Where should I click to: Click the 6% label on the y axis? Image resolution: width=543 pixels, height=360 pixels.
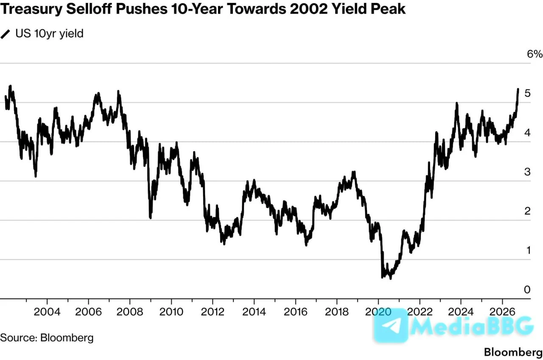click(x=535, y=54)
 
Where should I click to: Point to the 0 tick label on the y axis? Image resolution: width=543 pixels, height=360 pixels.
click(x=527, y=290)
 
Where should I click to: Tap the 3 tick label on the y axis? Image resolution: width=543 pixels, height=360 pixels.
click(x=527, y=172)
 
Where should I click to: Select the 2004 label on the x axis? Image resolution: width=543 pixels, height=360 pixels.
click(x=47, y=312)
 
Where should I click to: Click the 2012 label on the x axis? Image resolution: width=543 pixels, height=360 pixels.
click(x=213, y=312)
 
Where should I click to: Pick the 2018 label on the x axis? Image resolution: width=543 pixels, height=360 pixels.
click(x=337, y=312)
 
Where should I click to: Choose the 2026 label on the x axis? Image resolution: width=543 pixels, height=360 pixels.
click(x=502, y=312)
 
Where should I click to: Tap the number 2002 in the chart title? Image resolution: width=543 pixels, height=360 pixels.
click(x=308, y=9)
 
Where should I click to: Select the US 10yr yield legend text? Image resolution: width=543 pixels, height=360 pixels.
click(x=50, y=34)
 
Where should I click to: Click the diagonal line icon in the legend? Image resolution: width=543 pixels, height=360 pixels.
click(x=5, y=34)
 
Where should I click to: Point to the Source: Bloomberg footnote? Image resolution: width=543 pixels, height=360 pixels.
click(x=47, y=337)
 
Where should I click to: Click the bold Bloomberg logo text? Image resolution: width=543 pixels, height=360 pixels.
click(x=513, y=352)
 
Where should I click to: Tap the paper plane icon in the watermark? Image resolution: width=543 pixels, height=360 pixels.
click(x=391, y=325)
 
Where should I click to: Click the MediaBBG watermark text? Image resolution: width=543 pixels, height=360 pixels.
click(x=471, y=326)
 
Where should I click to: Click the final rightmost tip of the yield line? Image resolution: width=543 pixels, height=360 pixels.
click(x=518, y=89)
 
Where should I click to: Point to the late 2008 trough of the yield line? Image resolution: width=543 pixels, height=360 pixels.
click(x=151, y=218)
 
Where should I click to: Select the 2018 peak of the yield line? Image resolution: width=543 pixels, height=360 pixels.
click(x=354, y=172)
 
